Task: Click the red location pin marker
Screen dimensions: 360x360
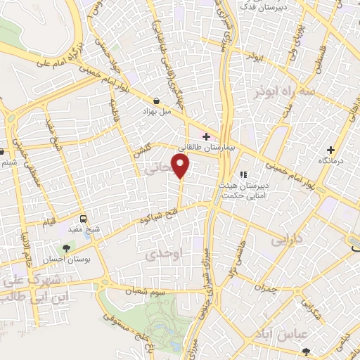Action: [181, 166]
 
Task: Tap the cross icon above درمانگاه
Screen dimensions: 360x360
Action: [330, 150]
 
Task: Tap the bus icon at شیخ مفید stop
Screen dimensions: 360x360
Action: [84, 218]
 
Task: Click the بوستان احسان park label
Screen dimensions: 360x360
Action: [67, 260]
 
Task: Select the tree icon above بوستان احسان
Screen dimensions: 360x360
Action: [67, 248]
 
